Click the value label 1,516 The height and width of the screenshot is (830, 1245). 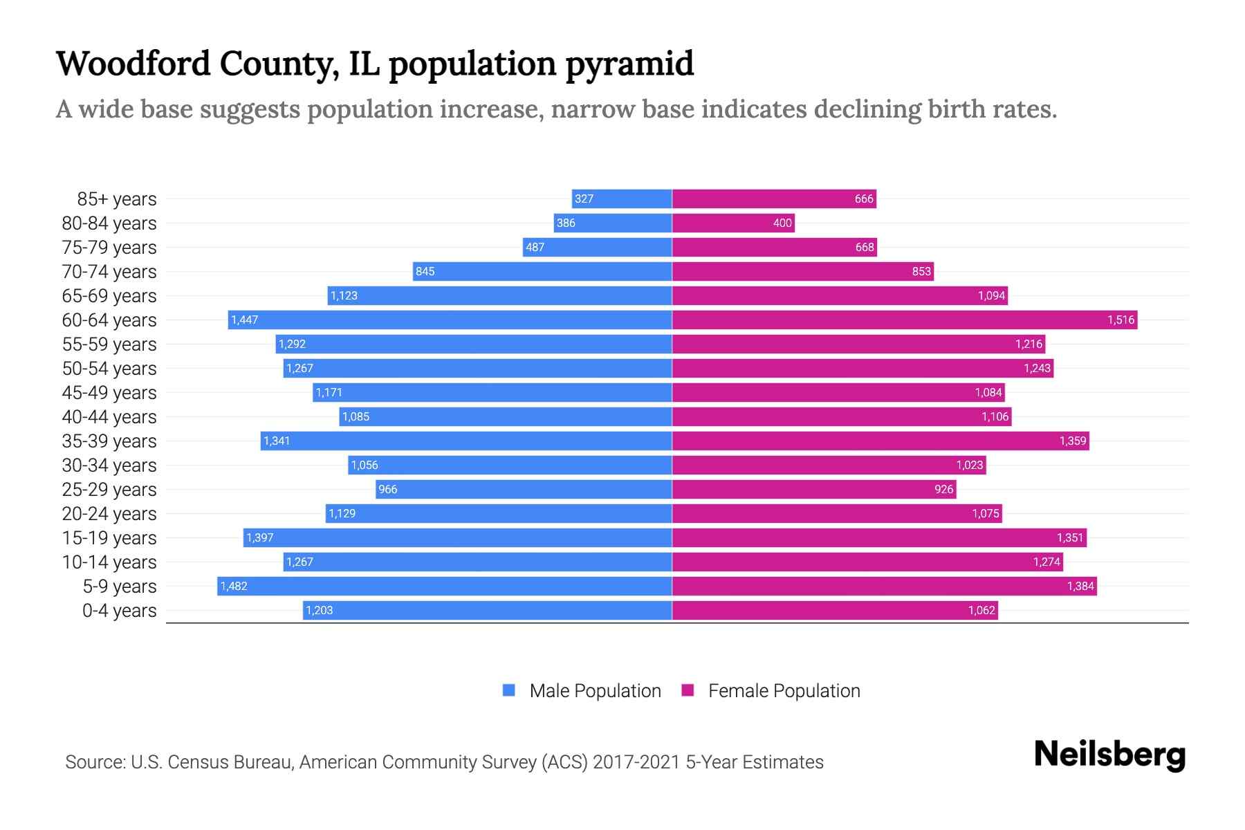pos(1120,320)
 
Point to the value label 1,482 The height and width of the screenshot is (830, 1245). pos(234,586)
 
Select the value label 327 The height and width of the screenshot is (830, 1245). pos(584,199)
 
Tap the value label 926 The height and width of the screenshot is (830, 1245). pos(943,489)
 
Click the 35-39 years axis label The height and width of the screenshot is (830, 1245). pos(109,441)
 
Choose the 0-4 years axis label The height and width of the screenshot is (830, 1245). pos(119,610)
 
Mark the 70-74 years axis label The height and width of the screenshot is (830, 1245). pos(109,271)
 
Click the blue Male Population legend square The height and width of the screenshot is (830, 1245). pos(509,690)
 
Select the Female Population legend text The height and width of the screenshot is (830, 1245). pos(784,690)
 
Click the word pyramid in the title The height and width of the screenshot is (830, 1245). pos(629,64)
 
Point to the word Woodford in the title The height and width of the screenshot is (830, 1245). pos(133,63)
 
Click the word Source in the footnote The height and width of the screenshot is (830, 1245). pos(94,762)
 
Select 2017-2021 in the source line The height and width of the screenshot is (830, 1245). pos(636,762)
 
